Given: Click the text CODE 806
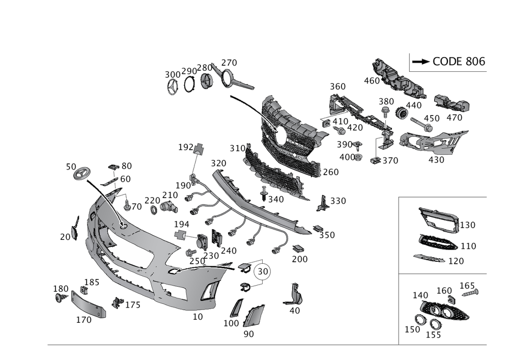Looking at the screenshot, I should coord(459,62).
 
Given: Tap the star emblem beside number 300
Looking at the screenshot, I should coord(173,88).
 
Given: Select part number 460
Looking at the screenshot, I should coord(371,80).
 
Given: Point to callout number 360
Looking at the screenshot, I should coord(337,87).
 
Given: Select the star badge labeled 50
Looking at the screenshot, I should coord(81,175).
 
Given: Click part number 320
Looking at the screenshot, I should coord(218,163).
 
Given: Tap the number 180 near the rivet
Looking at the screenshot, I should coord(61,289).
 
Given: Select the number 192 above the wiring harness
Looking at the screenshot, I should coord(186,147).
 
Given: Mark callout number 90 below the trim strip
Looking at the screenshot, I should coord(248,334).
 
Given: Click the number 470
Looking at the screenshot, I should coord(454,118).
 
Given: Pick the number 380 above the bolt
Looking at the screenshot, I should coord(386,101).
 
